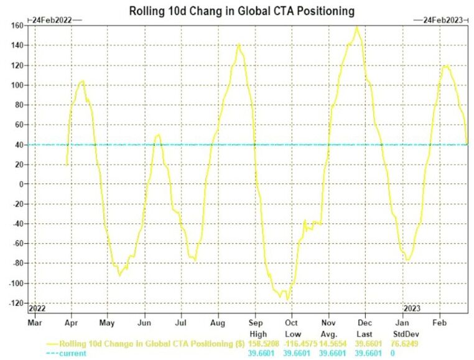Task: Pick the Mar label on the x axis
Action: (x=34, y=323)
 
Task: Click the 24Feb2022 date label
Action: (x=53, y=20)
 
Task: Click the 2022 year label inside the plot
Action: (x=37, y=307)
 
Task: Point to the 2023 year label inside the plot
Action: (x=412, y=307)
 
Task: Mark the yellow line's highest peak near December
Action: (x=356, y=27)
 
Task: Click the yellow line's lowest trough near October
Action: (x=287, y=299)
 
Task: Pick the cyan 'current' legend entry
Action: (x=68, y=353)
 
